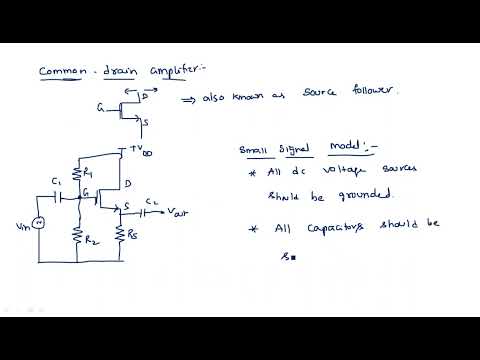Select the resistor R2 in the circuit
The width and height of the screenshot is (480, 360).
click(x=77, y=234)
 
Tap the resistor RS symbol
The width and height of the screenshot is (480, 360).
click(x=119, y=234)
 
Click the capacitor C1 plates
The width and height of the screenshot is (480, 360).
click(x=59, y=198)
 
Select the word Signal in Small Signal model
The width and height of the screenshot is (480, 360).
click(x=300, y=150)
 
